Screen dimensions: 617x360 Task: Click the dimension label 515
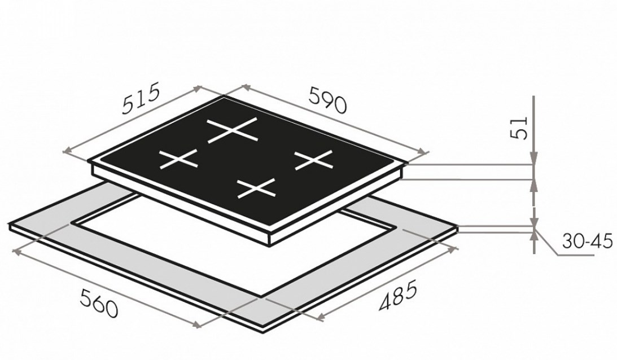click(x=141, y=98)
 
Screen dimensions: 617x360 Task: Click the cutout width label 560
click(x=99, y=303)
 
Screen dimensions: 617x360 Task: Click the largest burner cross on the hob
click(x=233, y=130)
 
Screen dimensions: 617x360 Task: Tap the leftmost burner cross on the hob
click(x=178, y=159)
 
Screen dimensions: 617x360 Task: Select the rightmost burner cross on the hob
click(x=314, y=160)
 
